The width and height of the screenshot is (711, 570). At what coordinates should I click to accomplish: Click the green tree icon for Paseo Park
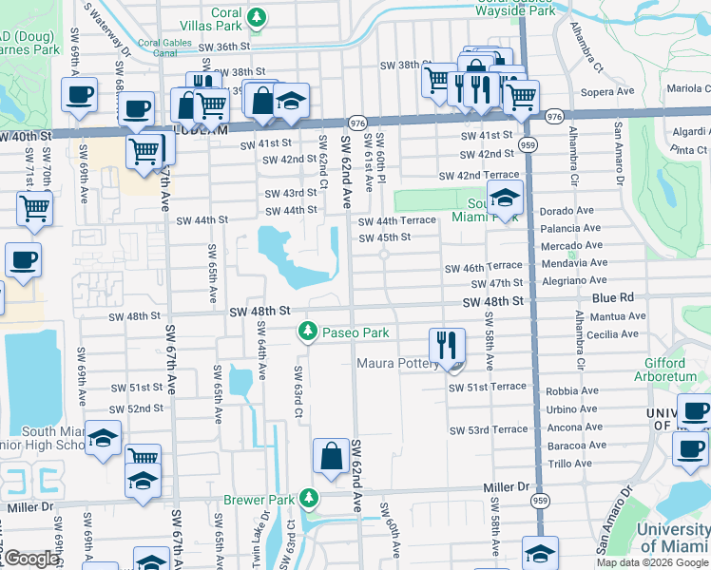pos(307,332)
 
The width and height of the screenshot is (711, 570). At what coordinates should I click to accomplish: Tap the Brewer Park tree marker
pos(307,498)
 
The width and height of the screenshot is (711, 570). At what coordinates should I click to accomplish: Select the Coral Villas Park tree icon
pos(255,16)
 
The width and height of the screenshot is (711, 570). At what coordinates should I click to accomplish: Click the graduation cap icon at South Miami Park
pos(505,199)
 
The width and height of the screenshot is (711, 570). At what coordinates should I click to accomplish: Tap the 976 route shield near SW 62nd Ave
pos(357,123)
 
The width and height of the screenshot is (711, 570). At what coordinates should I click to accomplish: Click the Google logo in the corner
pos(31,560)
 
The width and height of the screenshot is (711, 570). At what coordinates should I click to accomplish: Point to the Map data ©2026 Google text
pos(652,562)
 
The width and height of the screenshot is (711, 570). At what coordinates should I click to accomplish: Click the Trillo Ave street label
pos(570,464)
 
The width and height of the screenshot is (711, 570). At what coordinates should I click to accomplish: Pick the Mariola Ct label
pos(689,88)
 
